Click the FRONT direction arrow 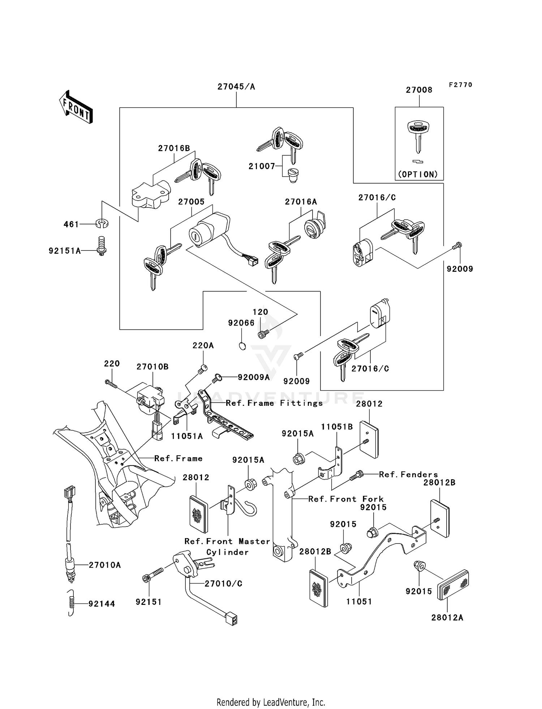click(76, 107)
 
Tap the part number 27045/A click(236, 87)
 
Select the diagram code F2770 click(460, 85)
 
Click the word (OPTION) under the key click(418, 175)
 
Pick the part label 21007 click(262, 166)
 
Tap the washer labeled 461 click(102, 224)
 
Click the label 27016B click(174, 148)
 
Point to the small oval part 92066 click(242, 346)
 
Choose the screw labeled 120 click(263, 335)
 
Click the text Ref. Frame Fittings click(274, 403)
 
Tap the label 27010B click(152, 367)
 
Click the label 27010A click(105, 565)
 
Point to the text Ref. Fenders click(408, 474)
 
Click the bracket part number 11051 click(359, 602)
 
